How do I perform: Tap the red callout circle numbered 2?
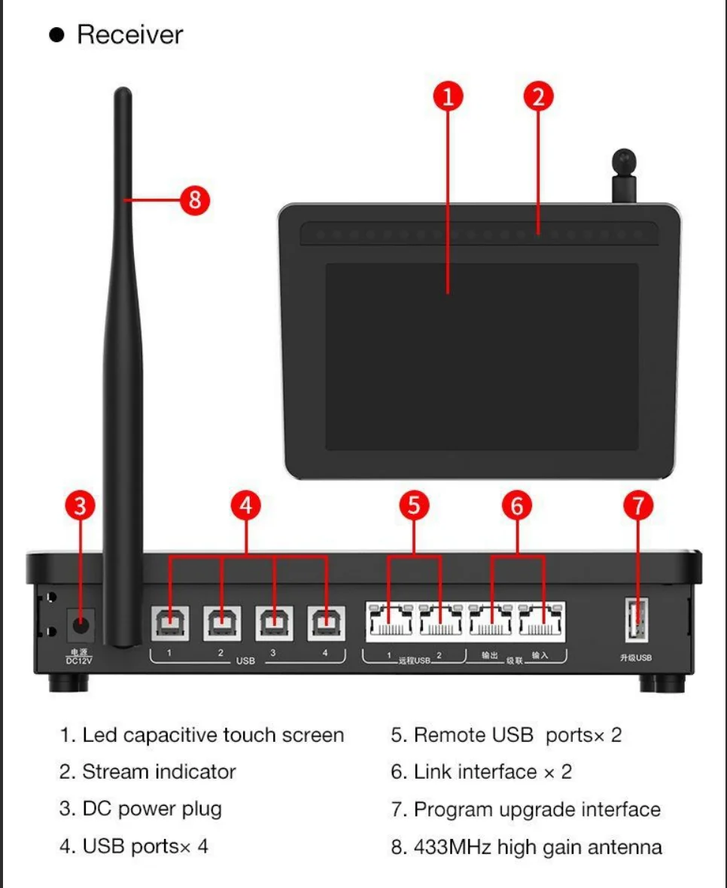(538, 96)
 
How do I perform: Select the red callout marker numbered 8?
(194, 200)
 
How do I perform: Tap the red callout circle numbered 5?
(414, 506)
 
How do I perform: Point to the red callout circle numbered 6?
(517, 506)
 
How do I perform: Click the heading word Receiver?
(129, 35)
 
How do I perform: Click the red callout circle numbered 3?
(81, 506)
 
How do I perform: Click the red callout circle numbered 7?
(638, 506)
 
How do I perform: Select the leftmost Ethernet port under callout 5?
(389, 621)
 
